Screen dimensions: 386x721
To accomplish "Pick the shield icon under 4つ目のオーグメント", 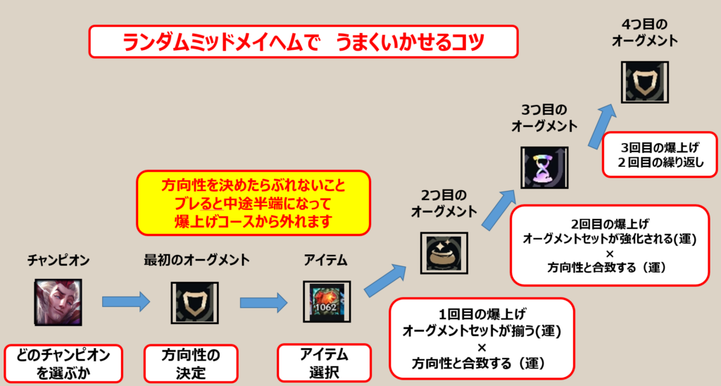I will tap(644, 82).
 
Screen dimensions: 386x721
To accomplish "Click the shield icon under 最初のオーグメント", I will tap(192, 301).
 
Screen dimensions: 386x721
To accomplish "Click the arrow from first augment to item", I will tap(263, 301).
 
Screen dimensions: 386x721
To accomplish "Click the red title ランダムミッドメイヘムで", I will tap(303, 42).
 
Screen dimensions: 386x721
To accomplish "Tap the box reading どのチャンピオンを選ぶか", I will tap(63, 363).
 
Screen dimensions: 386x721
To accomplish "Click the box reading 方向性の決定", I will tap(191, 363).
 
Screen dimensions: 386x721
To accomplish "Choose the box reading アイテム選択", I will tap(324, 363).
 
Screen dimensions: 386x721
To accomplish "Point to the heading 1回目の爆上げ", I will tap(481, 312).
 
